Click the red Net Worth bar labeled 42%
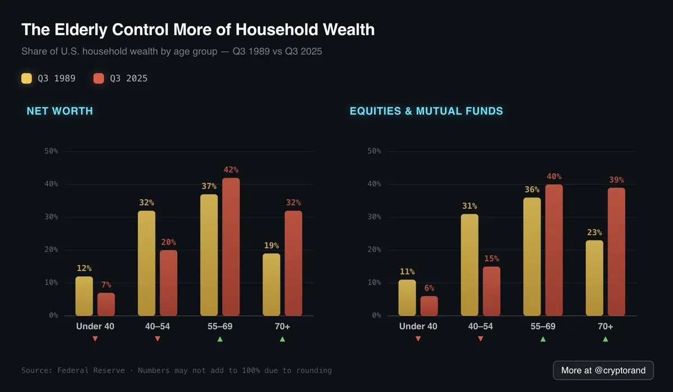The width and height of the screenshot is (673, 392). pos(231,246)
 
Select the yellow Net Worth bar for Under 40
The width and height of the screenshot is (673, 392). pos(84,296)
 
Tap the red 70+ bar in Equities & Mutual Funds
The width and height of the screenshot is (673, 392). pos(616,251)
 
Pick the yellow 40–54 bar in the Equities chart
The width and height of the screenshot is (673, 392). pos(470,264)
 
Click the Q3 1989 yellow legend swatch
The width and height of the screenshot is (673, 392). pos(26,78)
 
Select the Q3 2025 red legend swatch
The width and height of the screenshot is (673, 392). pos(99,78)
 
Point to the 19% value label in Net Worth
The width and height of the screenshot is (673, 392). pos(271,245)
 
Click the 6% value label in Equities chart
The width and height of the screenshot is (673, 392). pos(429,288)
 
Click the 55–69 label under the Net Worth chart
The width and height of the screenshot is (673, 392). pos(220,326)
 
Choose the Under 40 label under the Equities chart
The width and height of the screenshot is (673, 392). pos(418,326)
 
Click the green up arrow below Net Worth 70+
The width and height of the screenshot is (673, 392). pos(282,339)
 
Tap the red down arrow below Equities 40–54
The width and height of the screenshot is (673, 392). pos(481,339)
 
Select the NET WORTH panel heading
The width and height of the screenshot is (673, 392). pos(59,111)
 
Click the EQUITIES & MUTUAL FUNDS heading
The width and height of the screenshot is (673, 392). pos(426,111)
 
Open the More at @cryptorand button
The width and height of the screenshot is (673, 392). pos(603,370)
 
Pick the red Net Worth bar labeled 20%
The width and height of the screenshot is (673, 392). pos(168,283)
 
